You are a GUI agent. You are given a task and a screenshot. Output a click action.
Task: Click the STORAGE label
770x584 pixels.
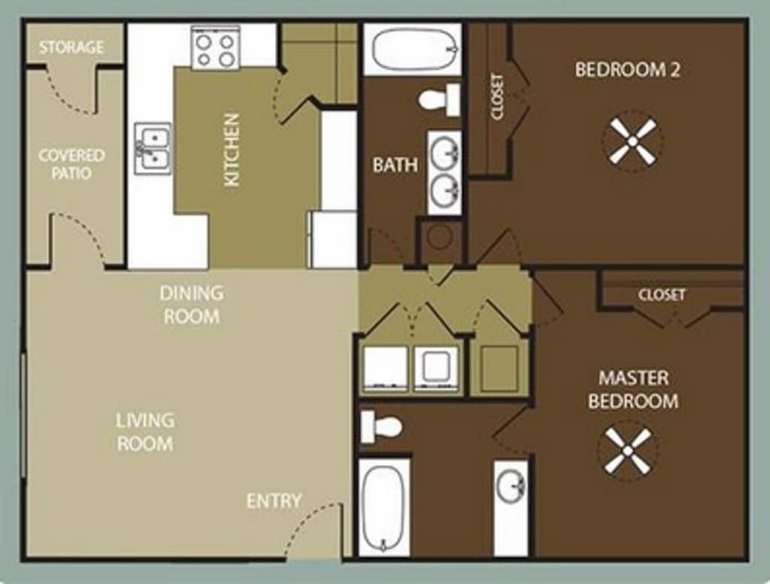click(x=71, y=47)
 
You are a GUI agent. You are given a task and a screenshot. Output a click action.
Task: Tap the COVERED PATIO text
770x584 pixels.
click(x=71, y=165)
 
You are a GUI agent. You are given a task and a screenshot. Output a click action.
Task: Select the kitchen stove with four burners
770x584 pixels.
click(x=215, y=47)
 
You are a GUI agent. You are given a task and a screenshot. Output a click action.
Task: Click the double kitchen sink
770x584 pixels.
click(x=153, y=149)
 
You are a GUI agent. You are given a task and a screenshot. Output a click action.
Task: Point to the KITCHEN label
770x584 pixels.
click(x=232, y=150)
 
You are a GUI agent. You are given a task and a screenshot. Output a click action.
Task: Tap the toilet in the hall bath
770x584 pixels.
click(x=439, y=100)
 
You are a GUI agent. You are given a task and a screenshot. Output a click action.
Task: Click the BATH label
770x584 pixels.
click(x=396, y=165)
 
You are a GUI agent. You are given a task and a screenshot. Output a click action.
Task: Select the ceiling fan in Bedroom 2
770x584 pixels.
click(x=632, y=142)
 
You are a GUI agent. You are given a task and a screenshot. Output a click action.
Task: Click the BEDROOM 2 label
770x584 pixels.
click(x=628, y=70)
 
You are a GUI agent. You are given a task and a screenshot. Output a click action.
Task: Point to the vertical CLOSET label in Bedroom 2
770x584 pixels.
click(x=497, y=97)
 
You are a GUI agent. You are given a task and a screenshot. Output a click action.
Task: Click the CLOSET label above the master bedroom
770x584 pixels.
click(x=662, y=295)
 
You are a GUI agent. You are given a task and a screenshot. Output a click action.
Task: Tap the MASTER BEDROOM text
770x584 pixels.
click(x=633, y=389)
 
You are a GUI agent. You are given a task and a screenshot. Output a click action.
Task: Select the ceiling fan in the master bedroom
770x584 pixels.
click(x=628, y=451)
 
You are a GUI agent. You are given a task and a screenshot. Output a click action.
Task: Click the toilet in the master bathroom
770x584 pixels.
click(x=381, y=426)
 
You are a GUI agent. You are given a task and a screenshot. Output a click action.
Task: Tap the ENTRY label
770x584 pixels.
click(x=274, y=501)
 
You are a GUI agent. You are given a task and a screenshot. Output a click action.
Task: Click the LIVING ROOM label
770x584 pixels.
click(x=145, y=432)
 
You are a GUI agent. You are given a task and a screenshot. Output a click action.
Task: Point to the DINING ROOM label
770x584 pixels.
click(x=192, y=304)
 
